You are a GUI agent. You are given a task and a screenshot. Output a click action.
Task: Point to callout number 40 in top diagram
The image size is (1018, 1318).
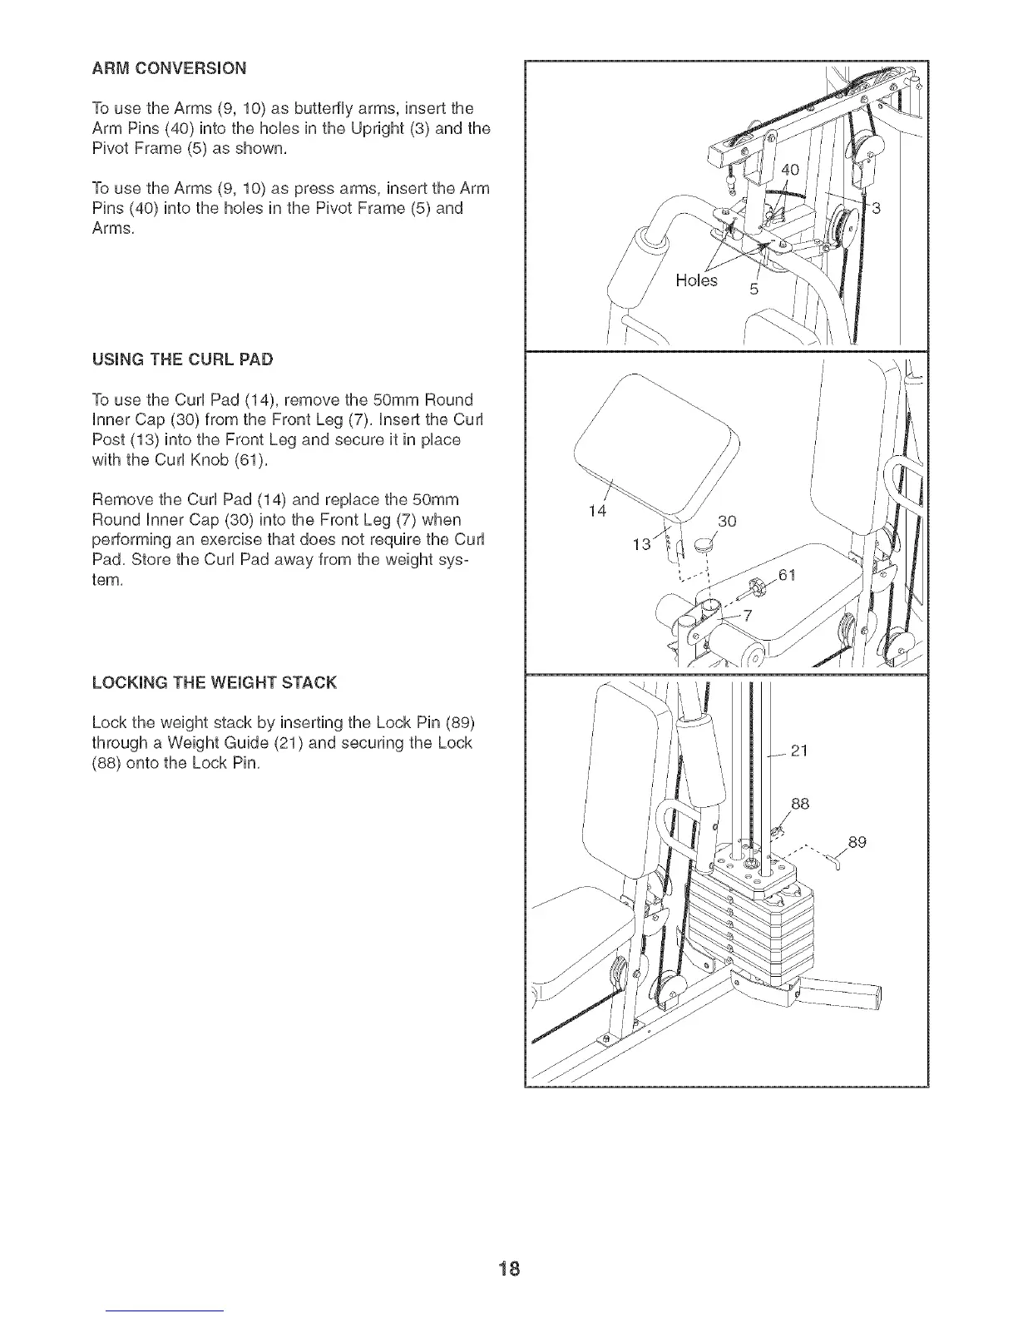pyautogui.click(x=789, y=171)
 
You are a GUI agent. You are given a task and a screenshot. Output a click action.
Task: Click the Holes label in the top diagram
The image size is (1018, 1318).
pyautogui.click(x=696, y=281)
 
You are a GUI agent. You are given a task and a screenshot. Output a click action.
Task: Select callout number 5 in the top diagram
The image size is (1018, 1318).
pyautogui.click(x=754, y=290)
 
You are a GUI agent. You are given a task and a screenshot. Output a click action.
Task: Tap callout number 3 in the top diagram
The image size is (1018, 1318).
pyautogui.click(x=874, y=209)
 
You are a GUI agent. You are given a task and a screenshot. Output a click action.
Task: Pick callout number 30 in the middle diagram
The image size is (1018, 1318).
pyautogui.click(x=726, y=522)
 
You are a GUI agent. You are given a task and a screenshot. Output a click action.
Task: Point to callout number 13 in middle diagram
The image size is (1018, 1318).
pyautogui.click(x=642, y=545)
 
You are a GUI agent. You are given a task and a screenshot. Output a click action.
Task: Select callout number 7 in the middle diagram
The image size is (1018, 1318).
pyautogui.click(x=747, y=616)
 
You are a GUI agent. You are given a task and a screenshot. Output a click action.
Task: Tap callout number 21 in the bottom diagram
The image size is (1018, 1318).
pyautogui.click(x=799, y=752)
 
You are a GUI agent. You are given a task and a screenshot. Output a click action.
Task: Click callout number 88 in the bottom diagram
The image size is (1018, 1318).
pyautogui.click(x=800, y=805)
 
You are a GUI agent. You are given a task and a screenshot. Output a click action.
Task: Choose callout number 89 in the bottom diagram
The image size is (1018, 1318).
pyautogui.click(x=857, y=842)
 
